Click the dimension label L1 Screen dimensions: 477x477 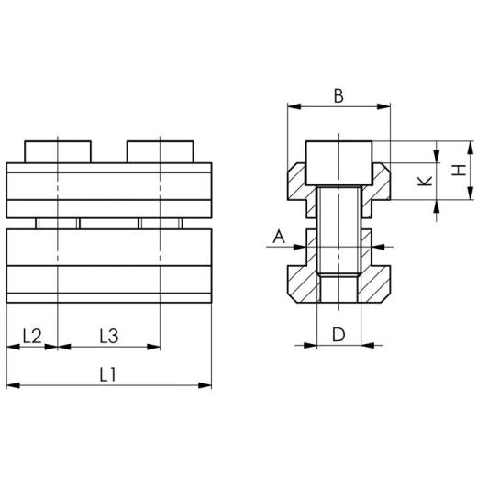(x=108, y=374)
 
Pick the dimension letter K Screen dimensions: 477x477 (x=423, y=181)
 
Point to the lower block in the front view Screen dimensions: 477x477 (x=108, y=266)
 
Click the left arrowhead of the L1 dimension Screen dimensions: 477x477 (x=11, y=386)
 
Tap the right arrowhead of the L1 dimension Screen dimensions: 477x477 (x=206, y=386)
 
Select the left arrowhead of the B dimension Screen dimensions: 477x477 (x=292, y=107)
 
